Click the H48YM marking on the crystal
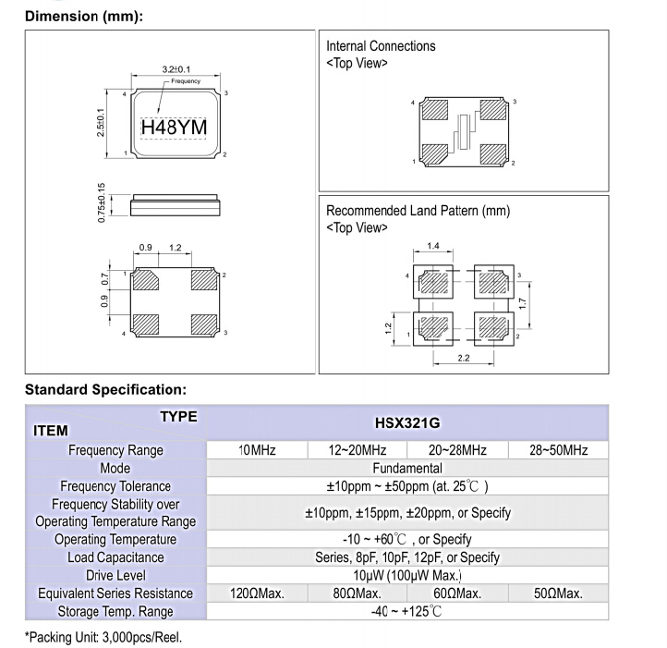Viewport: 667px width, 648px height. pyautogui.click(x=174, y=126)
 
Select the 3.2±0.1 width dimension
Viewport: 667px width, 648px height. pyautogui.click(x=176, y=69)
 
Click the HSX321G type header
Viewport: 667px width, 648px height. pyautogui.click(x=406, y=422)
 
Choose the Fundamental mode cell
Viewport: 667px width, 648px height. pyautogui.click(x=406, y=468)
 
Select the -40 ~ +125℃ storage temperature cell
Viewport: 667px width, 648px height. pyautogui.click(x=406, y=611)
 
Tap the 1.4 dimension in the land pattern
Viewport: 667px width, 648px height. pyautogui.click(x=433, y=246)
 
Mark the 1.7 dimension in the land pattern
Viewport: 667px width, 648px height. pyautogui.click(x=523, y=302)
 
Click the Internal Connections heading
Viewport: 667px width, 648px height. pyautogui.click(x=381, y=46)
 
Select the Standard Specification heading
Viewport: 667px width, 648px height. pyautogui.click(x=105, y=389)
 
